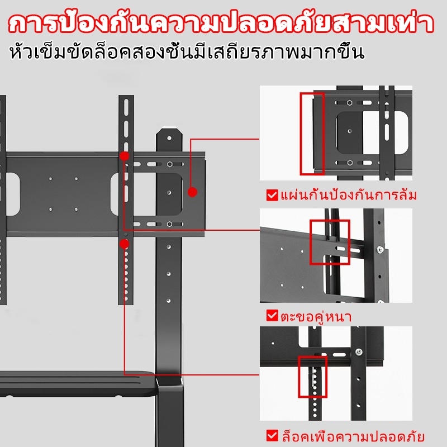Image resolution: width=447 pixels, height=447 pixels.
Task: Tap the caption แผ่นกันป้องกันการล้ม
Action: click(349, 196)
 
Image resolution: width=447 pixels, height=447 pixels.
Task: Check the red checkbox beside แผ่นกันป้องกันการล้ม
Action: click(272, 196)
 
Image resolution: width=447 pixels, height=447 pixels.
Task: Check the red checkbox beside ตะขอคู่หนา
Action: click(272, 316)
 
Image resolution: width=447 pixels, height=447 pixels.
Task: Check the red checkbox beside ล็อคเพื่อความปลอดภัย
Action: click(272, 435)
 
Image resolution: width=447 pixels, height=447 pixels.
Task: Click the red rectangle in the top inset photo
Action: click(312, 134)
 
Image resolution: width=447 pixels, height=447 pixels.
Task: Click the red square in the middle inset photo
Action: click(330, 242)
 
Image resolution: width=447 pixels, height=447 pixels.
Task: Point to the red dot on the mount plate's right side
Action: click(192, 192)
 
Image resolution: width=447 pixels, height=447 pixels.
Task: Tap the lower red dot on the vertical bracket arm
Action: click(124, 244)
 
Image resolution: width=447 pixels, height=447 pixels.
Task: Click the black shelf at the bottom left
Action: click(73, 386)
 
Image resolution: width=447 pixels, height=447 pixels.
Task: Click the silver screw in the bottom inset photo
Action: click(359, 351)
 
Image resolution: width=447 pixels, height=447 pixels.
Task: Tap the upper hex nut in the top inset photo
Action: click(348, 102)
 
